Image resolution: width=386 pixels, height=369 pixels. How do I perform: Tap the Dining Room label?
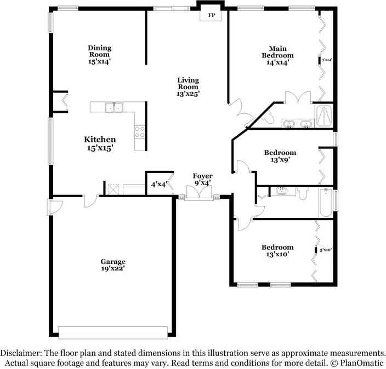99,55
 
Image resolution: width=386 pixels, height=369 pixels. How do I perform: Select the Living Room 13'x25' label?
188,87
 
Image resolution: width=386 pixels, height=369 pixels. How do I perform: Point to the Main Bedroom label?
277,55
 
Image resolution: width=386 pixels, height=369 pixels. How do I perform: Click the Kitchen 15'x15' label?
100,143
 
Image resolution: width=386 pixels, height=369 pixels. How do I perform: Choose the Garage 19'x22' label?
112,265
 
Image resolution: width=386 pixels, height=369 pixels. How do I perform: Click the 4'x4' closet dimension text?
158,184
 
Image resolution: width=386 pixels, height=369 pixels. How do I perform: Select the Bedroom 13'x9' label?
280,156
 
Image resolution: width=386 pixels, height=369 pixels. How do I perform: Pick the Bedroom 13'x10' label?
277,250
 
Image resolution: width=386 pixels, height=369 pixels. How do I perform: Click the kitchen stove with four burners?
139,131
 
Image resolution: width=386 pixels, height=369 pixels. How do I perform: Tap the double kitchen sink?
115,107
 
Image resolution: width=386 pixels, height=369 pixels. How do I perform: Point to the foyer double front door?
196,194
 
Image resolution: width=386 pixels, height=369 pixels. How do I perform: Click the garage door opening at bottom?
112,332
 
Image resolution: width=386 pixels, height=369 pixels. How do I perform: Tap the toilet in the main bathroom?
270,117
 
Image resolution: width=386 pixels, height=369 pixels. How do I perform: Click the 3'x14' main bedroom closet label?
327,60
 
